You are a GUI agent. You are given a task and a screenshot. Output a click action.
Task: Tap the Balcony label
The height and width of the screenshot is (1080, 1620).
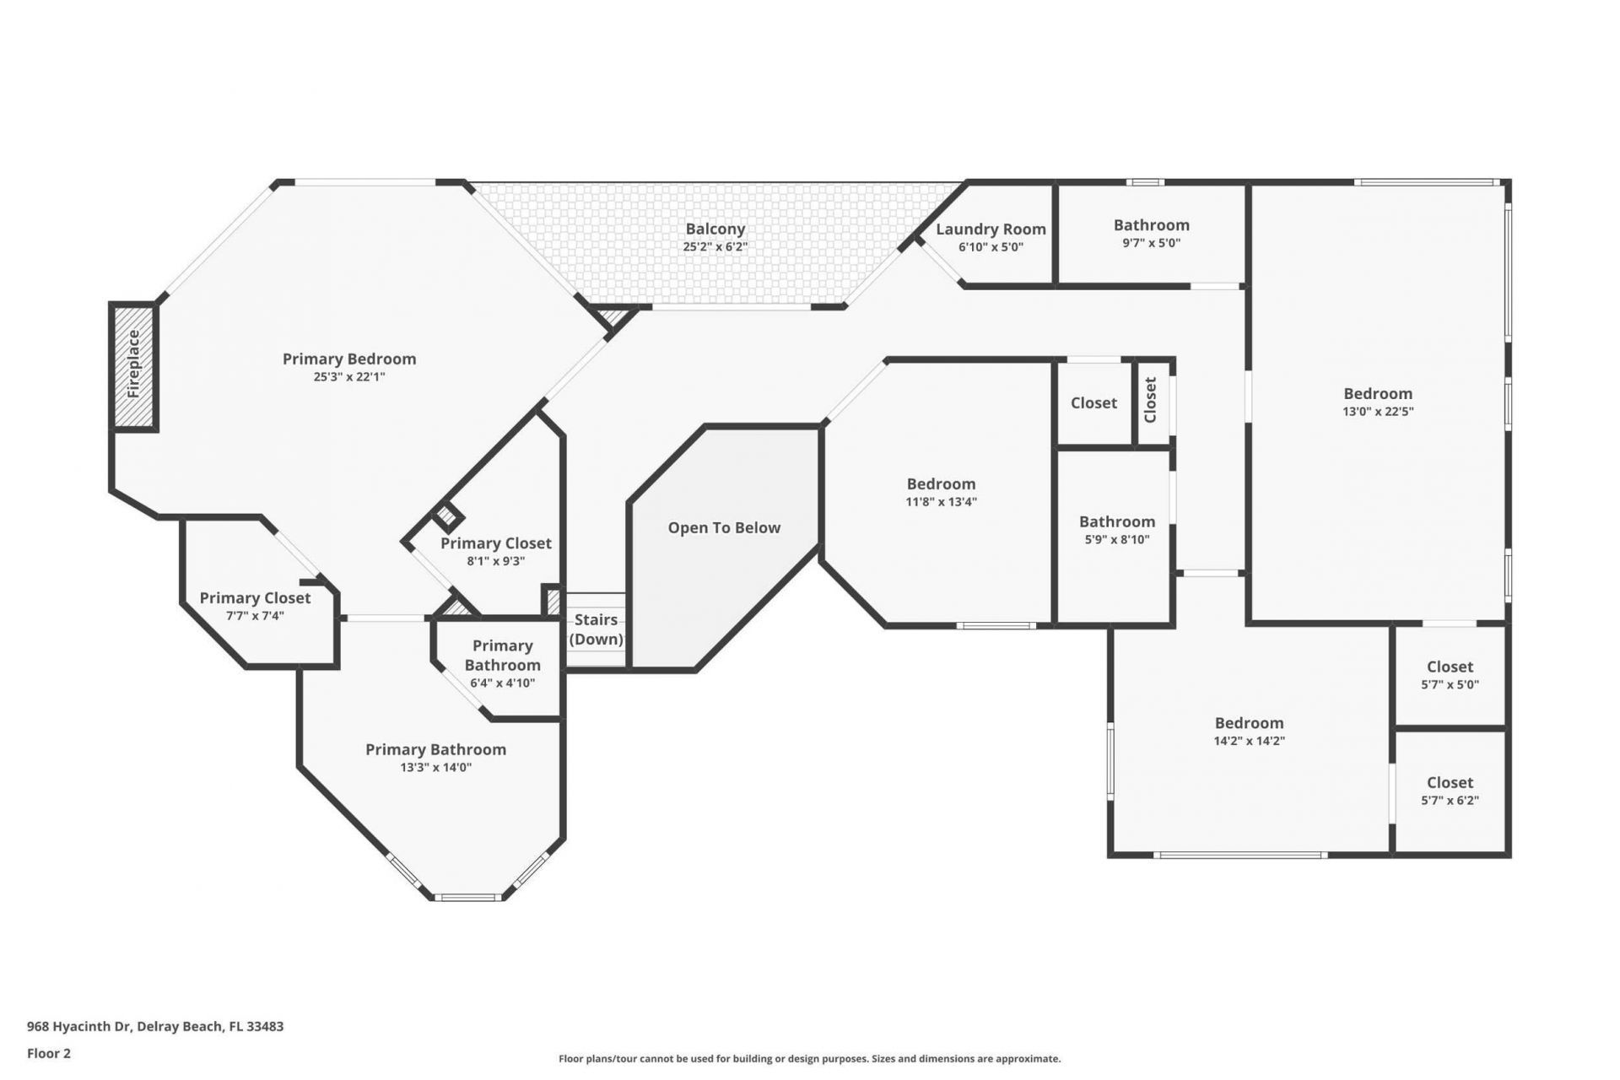click(715, 229)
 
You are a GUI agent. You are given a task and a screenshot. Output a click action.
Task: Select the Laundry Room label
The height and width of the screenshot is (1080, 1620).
click(991, 229)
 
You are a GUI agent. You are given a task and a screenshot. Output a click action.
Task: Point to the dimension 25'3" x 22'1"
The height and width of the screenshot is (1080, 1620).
click(348, 377)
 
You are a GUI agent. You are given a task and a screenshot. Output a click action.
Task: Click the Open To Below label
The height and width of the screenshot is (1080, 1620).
click(724, 528)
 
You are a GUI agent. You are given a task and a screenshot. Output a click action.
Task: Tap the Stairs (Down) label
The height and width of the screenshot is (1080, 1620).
click(596, 629)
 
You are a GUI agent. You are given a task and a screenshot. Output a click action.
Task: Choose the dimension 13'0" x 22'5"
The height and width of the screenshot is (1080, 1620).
click(1378, 412)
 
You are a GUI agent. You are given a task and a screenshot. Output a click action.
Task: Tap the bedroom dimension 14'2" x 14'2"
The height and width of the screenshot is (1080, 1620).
click(1249, 741)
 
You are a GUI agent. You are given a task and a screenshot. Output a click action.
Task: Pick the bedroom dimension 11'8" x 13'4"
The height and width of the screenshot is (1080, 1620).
click(941, 502)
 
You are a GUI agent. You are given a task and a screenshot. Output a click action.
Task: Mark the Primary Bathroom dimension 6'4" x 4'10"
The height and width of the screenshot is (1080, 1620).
click(502, 683)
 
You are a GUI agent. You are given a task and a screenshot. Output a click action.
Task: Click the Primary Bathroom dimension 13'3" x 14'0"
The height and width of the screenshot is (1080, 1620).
click(435, 768)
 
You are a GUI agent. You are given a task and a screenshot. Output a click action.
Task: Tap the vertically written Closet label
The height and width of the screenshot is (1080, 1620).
click(1150, 400)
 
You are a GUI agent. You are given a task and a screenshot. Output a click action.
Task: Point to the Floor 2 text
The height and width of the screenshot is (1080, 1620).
click(49, 1053)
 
